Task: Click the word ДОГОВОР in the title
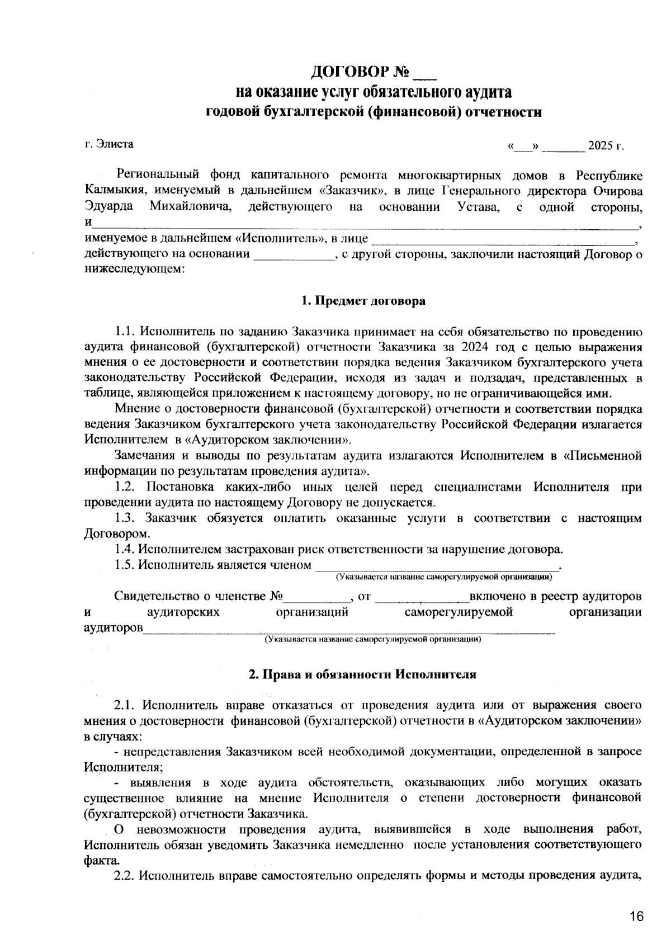pyautogui.click(x=351, y=72)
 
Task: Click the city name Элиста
pyautogui.click(x=115, y=144)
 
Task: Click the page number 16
pyautogui.click(x=636, y=917)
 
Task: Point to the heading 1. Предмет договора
pyautogui.click(x=363, y=301)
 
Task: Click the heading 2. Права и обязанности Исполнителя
pyautogui.click(x=362, y=674)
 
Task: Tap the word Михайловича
pyautogui.click(x=191, y=207)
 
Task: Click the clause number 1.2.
pyautogui.click(x=125, y=487)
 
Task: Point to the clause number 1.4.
pyautogui.click(x=125, y=549)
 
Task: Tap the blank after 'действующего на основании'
pyautogui.click(x=294, y=256)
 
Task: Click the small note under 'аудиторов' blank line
pyautogui.click(x=373, y=639)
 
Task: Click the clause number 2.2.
pyautogui.click(x=125, y=875)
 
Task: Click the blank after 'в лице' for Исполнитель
pyautogui.click(x=503, y=240)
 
